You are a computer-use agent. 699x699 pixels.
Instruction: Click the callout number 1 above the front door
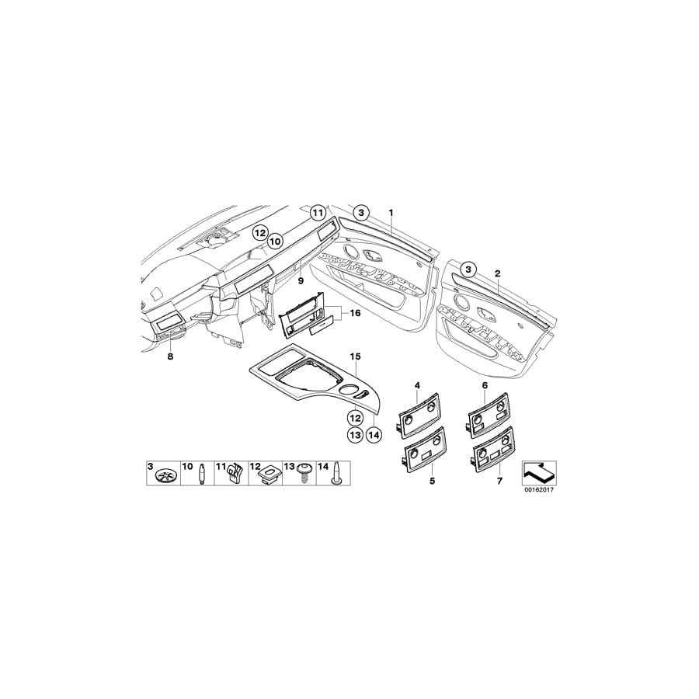tap(391, 212)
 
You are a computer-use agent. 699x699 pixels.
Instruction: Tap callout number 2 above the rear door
tap(497, 273)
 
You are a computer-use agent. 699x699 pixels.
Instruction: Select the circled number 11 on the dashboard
tap(317, 213)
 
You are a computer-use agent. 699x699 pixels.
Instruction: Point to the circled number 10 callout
tap(274, 242)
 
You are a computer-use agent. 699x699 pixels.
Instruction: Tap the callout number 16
tap(355, 313)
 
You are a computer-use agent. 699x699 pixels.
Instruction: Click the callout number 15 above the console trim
tap(355, 356)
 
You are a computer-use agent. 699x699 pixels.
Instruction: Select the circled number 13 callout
tap(354, 435)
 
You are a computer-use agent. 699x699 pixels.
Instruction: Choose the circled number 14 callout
tap(374, 435)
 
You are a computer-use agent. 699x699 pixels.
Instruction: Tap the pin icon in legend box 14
tap(338, 474)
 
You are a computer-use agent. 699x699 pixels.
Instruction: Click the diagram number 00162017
tap(539, 491)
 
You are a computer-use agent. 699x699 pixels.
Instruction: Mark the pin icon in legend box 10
tap(201, 473)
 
